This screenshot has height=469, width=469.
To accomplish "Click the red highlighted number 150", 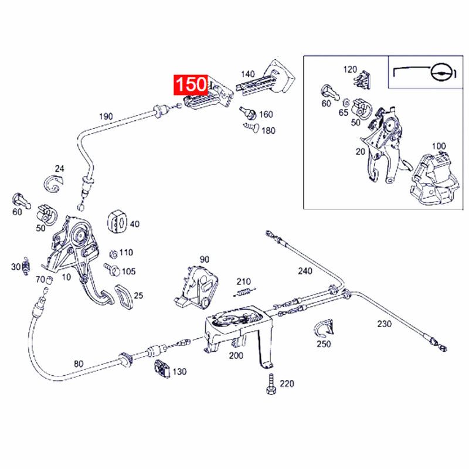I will point(189,85).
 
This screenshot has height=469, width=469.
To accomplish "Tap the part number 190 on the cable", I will point(106,116).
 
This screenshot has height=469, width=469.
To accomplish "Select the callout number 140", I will point(248,74).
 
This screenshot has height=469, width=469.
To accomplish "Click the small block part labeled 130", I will point(161,370).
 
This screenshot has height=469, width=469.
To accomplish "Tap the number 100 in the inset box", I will point(439,146).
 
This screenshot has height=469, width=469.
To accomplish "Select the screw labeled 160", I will point(247,111).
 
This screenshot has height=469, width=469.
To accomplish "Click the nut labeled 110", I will point(113,254).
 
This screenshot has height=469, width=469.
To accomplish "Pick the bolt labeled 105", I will point(113,270).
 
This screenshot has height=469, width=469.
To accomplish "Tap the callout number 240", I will point(305,271).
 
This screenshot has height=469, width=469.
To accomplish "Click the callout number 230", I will point(384,323).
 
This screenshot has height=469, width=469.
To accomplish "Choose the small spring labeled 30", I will point(26,267).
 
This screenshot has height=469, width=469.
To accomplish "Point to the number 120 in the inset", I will point(350,69).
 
